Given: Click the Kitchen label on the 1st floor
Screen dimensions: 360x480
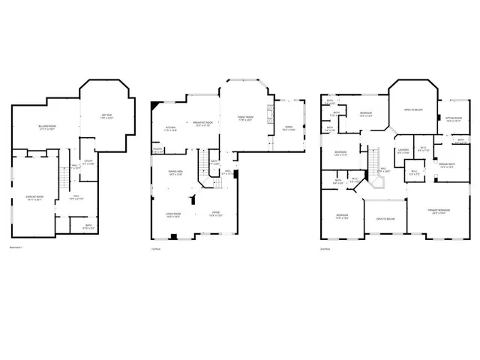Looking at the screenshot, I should (x=170, y=129).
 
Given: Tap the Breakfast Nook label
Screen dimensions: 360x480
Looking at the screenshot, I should (x=202, y=124).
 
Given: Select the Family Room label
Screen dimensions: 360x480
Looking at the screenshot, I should (x=246, y=118).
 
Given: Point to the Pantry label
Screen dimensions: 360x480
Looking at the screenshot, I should (x=158, y=150).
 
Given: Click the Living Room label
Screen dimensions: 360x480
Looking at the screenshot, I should (x=175, y=214).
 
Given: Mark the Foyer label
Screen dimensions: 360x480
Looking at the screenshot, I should (x=216, y=214).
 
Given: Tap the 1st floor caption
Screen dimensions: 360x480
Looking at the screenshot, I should (x=156, y=248).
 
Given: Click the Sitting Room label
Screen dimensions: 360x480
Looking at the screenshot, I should (x=453, y=119).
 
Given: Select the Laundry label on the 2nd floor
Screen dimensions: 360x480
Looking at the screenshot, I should (x=403, y=151).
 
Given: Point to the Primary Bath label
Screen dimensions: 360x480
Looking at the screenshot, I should (x=448, y=165).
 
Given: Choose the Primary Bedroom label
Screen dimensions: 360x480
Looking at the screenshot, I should (x=438, y=211).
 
